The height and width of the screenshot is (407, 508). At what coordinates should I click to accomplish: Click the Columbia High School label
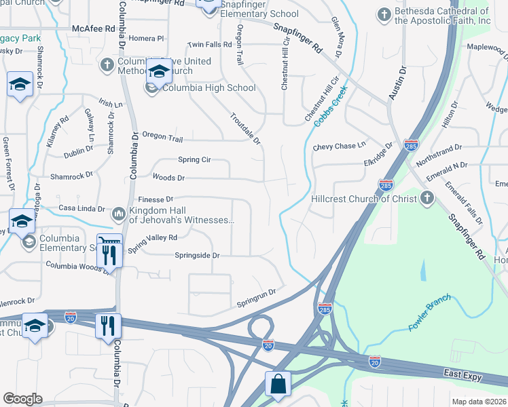click(208, 88)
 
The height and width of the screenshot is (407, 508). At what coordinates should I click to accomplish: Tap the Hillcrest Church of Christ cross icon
click(427, 199)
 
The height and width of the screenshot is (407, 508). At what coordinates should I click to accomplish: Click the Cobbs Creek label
click(331, 105)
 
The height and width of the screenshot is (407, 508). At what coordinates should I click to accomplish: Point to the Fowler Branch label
click(430, 316)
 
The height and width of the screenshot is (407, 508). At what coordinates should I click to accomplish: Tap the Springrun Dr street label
click(256, 293)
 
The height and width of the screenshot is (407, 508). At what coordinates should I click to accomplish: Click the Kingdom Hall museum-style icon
click(118, 214)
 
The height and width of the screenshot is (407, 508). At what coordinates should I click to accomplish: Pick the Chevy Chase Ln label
click(339, 147)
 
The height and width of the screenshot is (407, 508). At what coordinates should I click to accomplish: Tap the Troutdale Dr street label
click(245, 128)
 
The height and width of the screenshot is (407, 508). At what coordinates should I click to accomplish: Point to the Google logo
click(22, 398)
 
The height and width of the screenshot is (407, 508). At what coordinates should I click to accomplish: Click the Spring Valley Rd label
click(153, 239)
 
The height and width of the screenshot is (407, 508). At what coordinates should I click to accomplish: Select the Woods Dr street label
click(168, 178)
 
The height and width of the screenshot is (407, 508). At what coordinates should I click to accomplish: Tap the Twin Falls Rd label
click(210, 45)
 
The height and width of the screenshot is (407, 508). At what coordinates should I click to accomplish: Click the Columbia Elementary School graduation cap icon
click(29, 242)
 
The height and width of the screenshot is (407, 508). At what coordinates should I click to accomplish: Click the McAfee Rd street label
click(92, 29)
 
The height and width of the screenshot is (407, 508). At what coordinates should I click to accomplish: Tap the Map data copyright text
click(479, 402)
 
